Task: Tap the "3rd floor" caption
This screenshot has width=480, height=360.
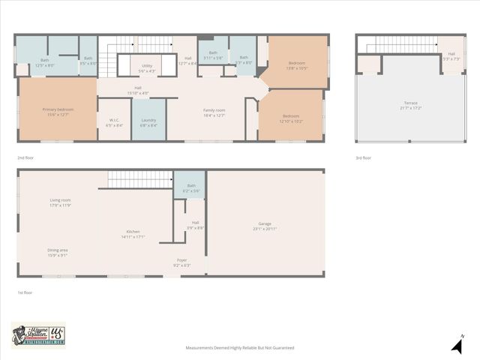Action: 364,158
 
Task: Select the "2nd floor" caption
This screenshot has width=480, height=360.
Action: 25,158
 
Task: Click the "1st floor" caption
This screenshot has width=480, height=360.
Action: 25,292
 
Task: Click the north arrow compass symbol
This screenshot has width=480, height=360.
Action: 457,344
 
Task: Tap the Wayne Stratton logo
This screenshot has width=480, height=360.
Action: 38,335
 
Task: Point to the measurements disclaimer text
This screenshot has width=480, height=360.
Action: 240,348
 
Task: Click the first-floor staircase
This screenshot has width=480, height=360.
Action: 140,179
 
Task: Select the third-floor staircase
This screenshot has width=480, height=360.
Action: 401,45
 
